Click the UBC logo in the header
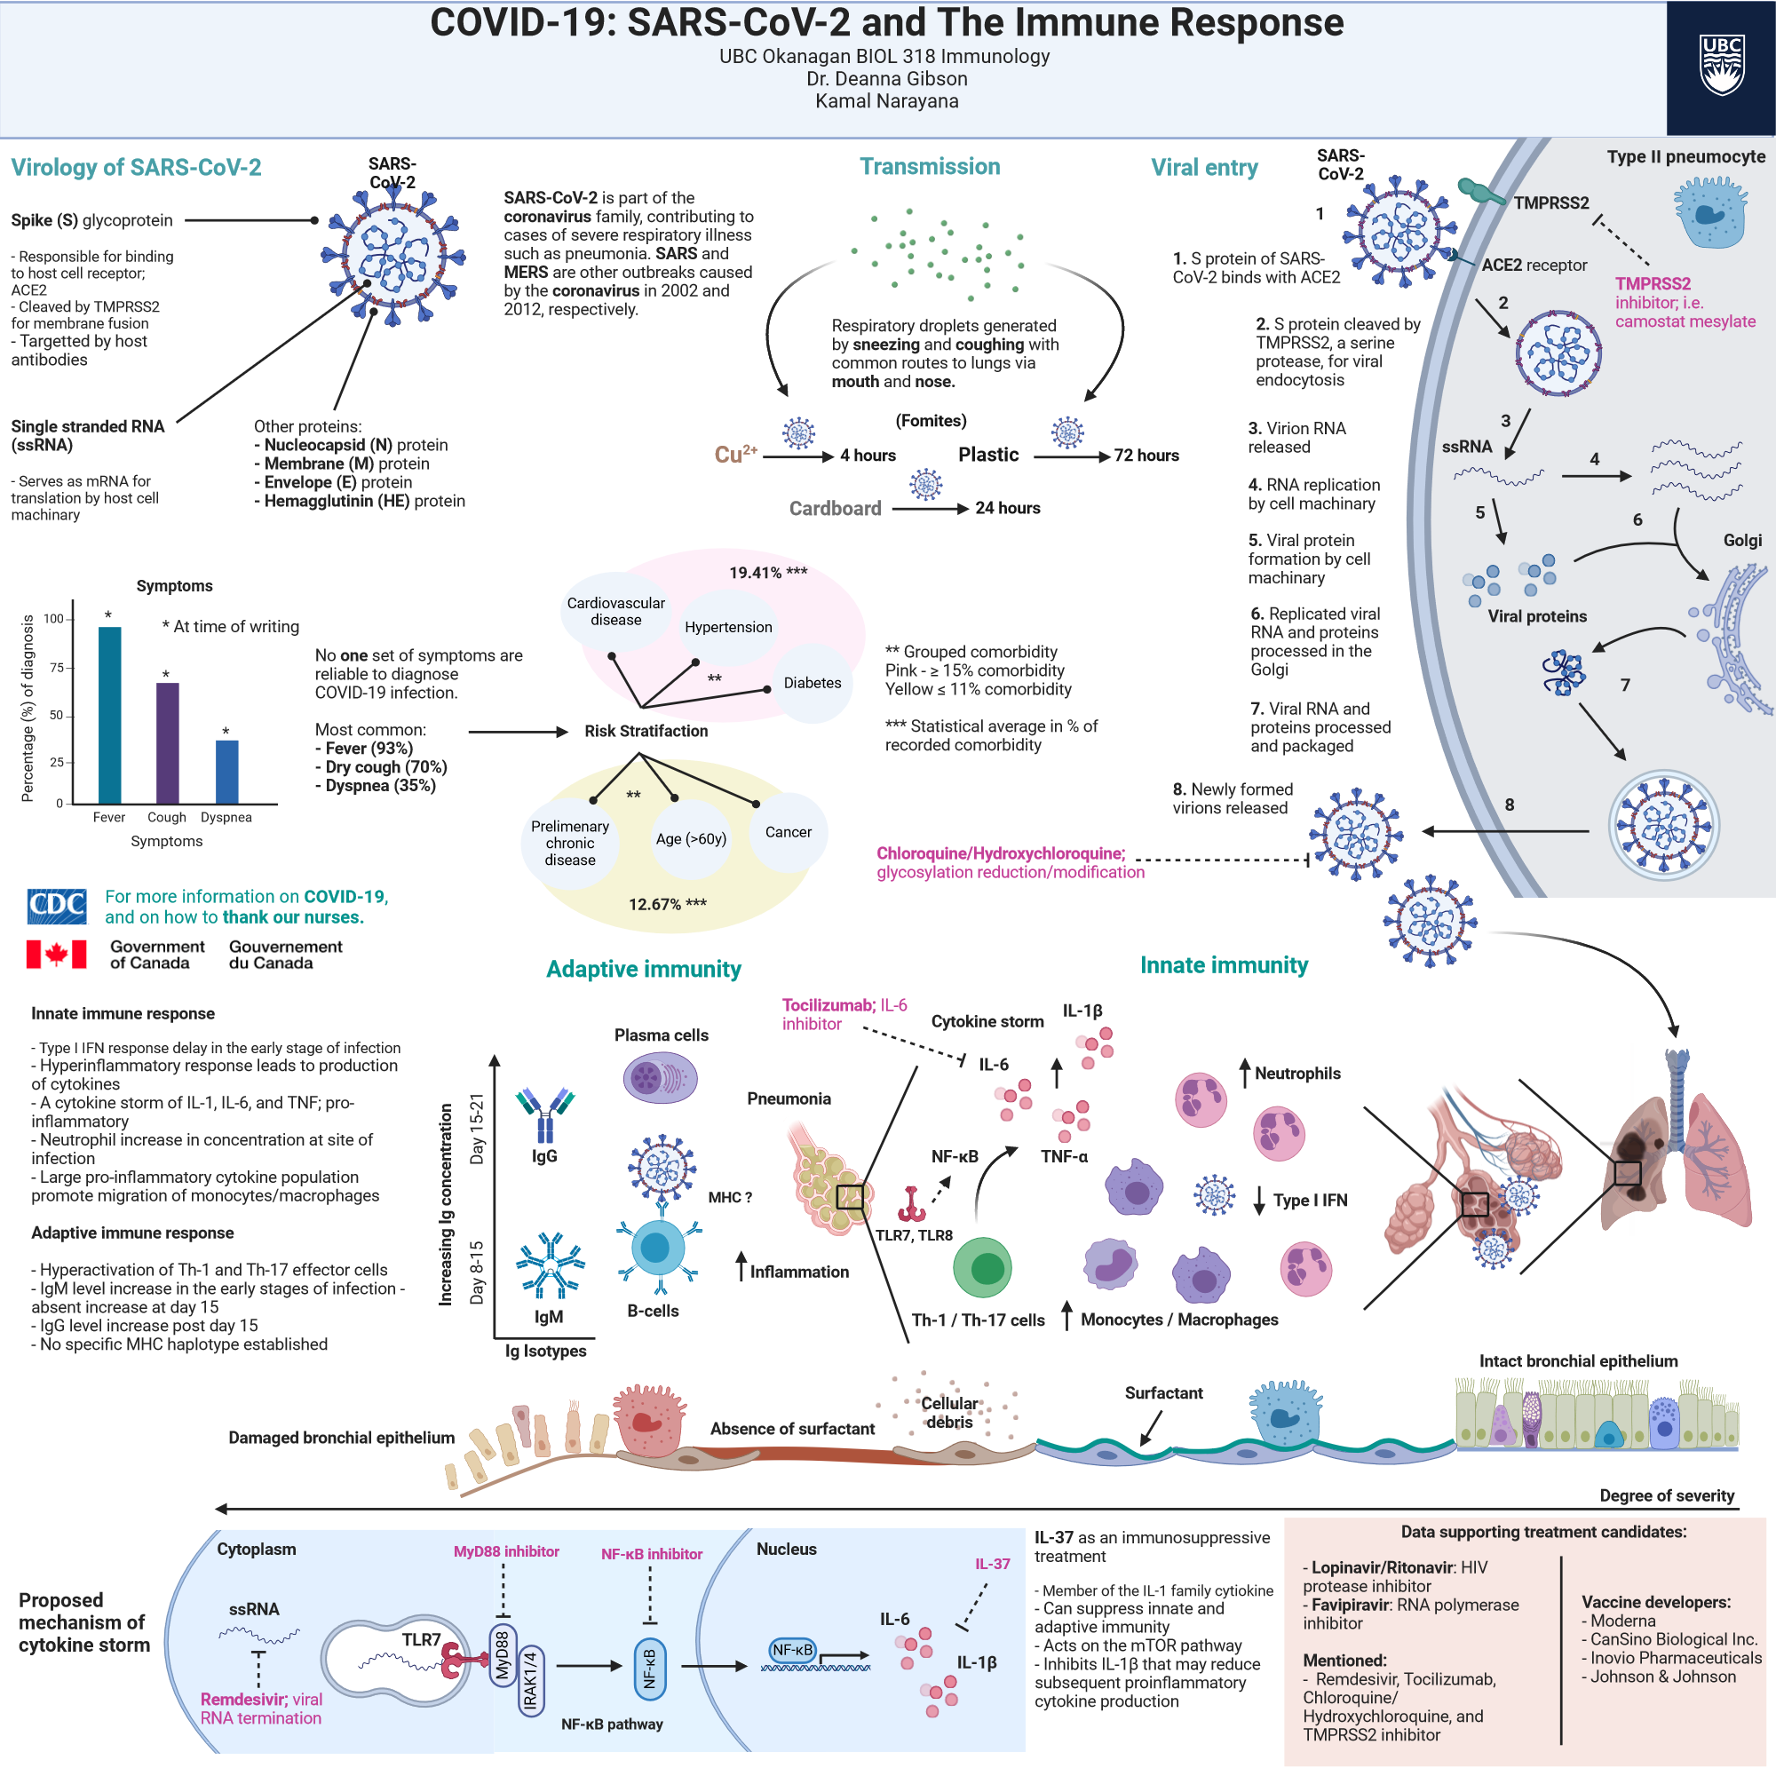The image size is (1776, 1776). point(1721,67)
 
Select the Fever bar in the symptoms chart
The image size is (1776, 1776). point(109,716)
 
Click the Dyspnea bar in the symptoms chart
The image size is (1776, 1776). point(226,773)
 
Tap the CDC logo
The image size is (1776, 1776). point(57,907)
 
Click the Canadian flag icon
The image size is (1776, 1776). point(56,955)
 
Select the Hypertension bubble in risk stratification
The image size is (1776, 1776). point(728,627)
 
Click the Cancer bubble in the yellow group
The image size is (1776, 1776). point(788,832)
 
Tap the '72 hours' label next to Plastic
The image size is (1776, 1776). point(1146,455)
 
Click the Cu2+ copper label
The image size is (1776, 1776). point(735,454)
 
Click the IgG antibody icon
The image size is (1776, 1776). point(545,1113)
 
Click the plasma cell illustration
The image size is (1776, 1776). point(660,1077)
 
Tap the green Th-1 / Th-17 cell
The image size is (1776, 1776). point(982,1267)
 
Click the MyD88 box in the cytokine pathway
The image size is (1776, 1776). point(502,1655)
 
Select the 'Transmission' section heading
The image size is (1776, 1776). point(930,166)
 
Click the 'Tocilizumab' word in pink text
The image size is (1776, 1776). point(828,1004)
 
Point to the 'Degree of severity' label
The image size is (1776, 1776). point(1666,1495)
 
